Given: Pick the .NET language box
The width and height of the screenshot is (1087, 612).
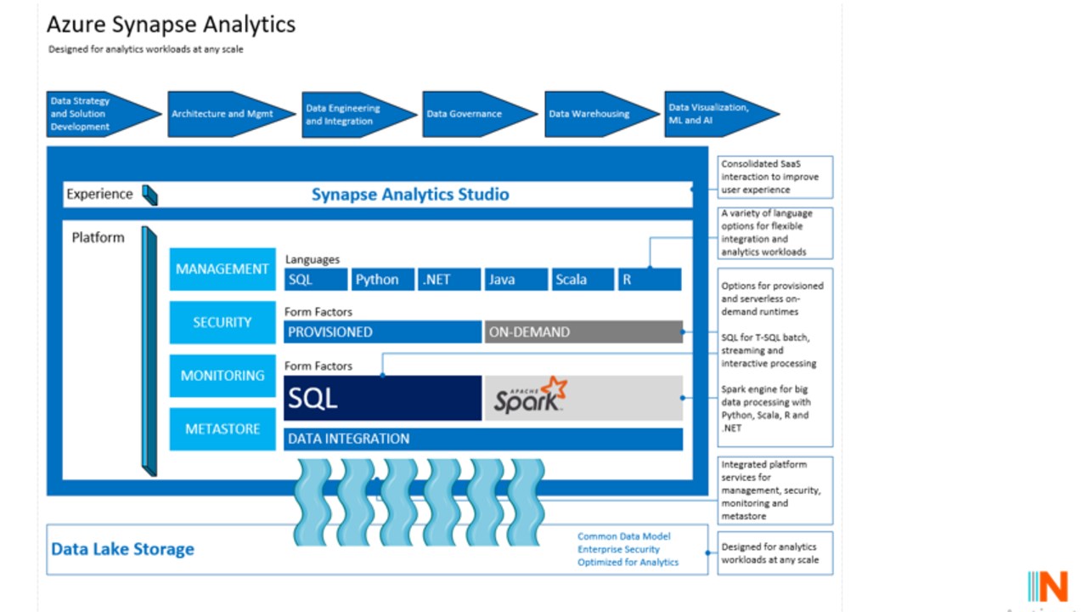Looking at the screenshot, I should pos(449,280).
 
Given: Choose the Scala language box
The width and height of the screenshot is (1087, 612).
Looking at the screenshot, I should pos(582,280).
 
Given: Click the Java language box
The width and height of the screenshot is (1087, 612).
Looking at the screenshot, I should pos(515,280).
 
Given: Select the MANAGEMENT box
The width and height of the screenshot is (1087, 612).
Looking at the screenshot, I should pos(222,269).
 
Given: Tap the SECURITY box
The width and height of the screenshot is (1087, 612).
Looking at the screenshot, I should pos(222,323).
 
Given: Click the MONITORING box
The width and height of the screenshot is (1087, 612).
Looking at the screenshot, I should pos(222,376).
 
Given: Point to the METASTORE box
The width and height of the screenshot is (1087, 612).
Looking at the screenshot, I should pos(222,429).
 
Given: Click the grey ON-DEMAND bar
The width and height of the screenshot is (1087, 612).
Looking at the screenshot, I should pos(583,332).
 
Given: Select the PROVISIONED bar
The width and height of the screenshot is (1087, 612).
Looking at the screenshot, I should pos(382,332).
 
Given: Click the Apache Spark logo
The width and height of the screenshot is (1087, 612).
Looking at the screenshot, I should pos(531,396).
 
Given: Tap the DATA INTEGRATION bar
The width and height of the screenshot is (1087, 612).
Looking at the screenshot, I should pos(483,439).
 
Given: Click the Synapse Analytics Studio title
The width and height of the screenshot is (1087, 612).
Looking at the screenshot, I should pos(410,195).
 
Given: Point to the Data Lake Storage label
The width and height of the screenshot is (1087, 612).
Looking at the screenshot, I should pos(123,549).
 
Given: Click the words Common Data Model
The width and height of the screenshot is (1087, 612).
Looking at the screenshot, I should pos(624,536).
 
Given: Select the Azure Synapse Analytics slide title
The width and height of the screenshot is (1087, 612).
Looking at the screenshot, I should pos(171,24).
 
